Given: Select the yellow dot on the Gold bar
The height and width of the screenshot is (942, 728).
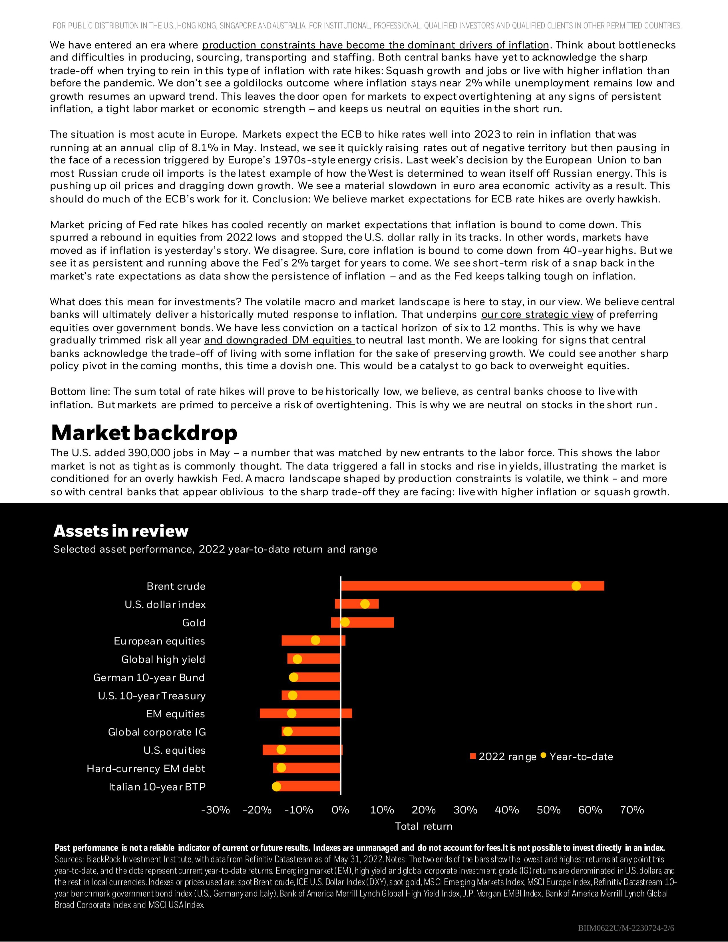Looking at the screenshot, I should point(345,622).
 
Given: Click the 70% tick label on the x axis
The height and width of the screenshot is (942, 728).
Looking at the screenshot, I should point(632,810).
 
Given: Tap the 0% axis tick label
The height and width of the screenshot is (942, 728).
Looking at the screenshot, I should point(341,810).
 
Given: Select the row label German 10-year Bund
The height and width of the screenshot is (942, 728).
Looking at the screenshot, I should point(149,677).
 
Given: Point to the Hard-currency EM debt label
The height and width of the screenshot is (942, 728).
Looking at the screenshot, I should point(146,768).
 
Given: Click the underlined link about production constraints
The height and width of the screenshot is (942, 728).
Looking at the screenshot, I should point(375,45).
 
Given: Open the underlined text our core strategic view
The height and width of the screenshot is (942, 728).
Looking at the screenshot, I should point(537,314).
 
